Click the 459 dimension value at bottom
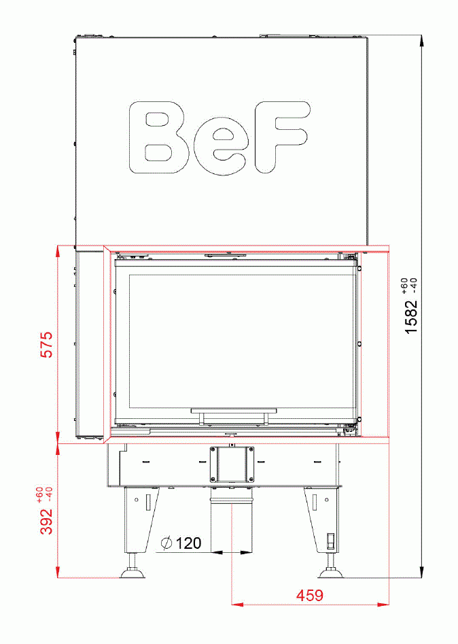(x=309, y=596)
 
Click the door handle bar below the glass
(x=234, y=412)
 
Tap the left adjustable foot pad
(x=133, y=574)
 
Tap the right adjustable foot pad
(x=332, y=574)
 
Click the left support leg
(x=139, y=520)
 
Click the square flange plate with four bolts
(x=232, y=464)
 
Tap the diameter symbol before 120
(x=165, y=543)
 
